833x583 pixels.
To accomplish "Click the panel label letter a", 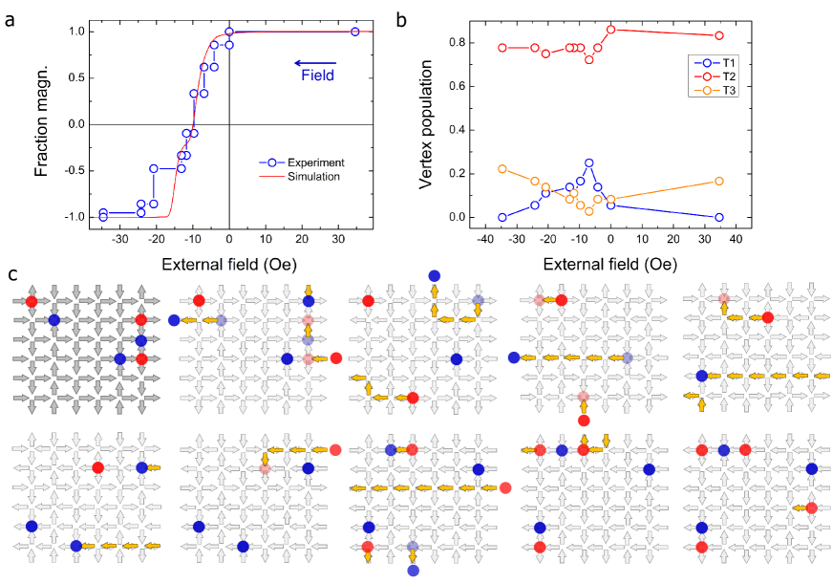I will (x=9, y=14).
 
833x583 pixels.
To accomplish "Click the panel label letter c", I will (x=9, y=274).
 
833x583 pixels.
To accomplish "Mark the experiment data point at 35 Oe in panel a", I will (x=355, y=32).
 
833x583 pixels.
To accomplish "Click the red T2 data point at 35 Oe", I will (x=719, y=35).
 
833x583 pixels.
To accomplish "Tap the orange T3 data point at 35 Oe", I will (x=719, y=181).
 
